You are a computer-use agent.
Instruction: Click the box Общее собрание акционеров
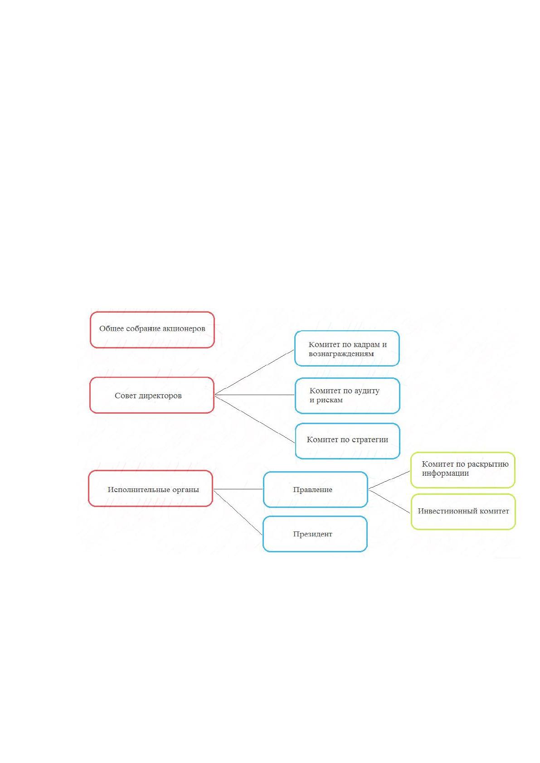152,329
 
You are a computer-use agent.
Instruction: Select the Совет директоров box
152,395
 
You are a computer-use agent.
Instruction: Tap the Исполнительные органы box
151,488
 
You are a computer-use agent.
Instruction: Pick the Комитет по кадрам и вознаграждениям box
347,348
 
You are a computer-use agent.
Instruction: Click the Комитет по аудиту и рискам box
347,396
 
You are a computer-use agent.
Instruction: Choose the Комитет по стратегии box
347,441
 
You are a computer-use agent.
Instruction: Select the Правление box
316,489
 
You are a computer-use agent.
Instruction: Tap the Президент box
315,534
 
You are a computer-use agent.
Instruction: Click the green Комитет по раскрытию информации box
462,470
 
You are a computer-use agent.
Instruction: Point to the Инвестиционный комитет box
463,512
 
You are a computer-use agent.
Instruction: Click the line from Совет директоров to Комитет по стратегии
255,419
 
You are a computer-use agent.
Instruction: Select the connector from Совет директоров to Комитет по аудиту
255,395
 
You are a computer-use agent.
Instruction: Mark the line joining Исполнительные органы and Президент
238,512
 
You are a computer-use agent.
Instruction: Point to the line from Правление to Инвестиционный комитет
389,501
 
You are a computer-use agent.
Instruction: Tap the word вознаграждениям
341,354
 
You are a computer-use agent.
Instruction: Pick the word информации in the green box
445,473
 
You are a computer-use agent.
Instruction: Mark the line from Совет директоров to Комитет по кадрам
254,372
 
